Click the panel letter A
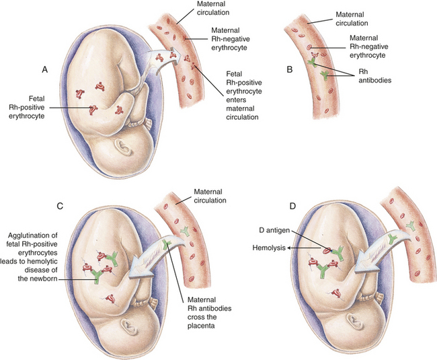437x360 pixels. [x=45, y=70]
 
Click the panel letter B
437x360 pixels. [x=290, y=69]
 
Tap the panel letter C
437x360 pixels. [x=60, y=206]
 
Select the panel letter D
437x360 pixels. [x=292, y=207]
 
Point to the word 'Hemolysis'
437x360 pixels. [x=269, y=248]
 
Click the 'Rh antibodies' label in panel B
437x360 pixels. [x=375, y=76]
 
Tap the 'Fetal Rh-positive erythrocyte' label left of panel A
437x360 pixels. [x=27, y=108]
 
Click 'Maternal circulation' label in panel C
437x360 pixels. [x=210, y=196]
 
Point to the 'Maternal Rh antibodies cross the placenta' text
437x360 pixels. [x=209, y=313]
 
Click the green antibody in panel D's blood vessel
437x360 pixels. [x=410, y=225]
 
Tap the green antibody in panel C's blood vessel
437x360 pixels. [x=185, y=231]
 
